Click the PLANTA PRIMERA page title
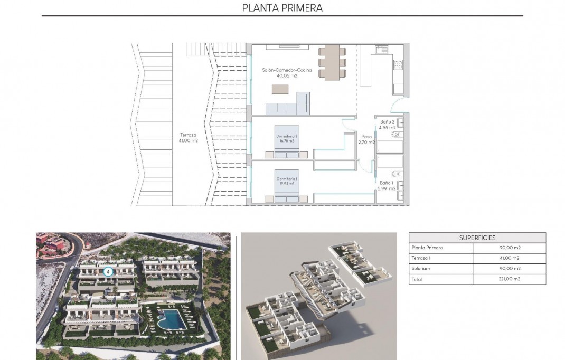pyautogui.click(x=282, y=8)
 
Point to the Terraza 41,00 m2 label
pyautogui.click(x=189, y=138)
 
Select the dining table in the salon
pyautogui.click(x=332, y=62)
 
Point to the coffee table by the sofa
pyautogui.click(x=280, y=89)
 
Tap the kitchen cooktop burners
pyautogui.click(x=398, y=65)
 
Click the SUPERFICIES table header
pyautogui.click(x=477, y=238)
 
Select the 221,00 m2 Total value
pyautogui.click(x=509, y=279)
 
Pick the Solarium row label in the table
pyautogui.click(x=420, y=269)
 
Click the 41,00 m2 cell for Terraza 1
pyautogui.click(x=509, y=258)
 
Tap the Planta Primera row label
pyautogui.click(x=427, y=248)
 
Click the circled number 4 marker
pyautogui.click(x=108, y=272)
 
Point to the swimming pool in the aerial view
pyautogui.click(x=170, y=319)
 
